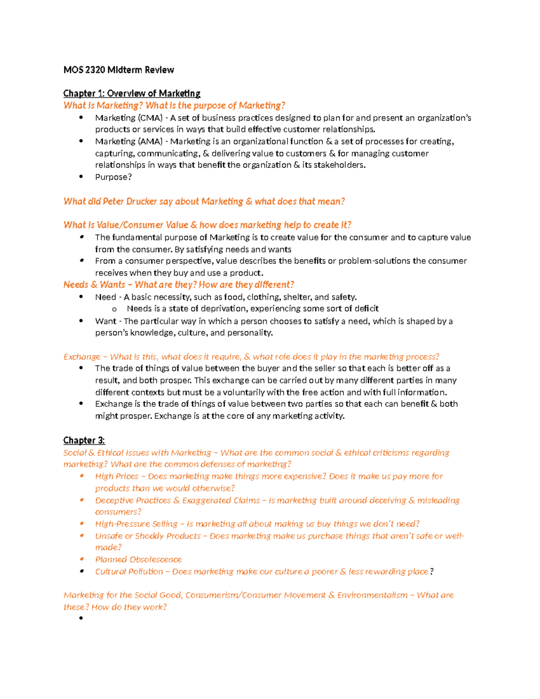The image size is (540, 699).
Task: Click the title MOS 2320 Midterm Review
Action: (118, 70)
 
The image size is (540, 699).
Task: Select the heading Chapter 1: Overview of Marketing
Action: (131, 93)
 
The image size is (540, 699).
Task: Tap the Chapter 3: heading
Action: (84, 440)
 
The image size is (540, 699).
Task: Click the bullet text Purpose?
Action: (113, 177)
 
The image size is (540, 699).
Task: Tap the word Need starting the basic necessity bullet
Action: (105, 297)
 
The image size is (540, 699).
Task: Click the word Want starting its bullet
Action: (105, 321)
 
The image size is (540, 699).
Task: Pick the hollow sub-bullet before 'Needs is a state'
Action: (114, 309)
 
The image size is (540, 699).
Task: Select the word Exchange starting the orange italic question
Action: (82, 357)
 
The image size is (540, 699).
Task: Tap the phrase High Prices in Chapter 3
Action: (117, 476)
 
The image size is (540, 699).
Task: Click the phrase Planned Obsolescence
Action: (138, 559)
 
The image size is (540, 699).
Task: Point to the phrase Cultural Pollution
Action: (129, 572)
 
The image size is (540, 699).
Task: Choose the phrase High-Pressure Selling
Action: (136, 524)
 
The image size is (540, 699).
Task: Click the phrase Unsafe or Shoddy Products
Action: (148, 536)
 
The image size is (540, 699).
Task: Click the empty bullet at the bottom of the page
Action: (81, 618)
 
